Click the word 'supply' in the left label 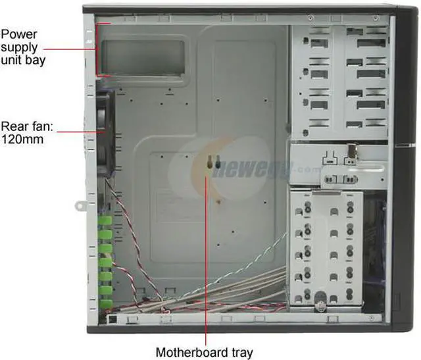click(19, 47)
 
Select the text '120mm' click(20, 139)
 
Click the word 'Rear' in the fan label click(14, 125)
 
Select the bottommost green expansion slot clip click(105, 303)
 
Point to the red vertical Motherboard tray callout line click(207, 263)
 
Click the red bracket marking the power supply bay click(97, 49)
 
